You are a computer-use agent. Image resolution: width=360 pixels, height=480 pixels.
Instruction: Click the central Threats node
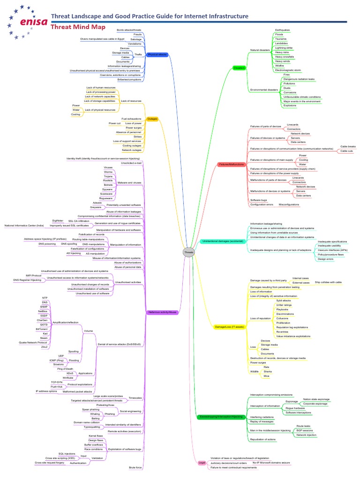[188, 253]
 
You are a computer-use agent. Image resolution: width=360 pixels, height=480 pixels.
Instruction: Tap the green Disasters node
[239, 68]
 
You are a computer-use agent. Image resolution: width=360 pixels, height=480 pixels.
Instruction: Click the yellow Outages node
[152, 119]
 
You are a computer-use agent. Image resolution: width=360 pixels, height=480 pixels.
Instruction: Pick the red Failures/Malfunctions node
[231, 165]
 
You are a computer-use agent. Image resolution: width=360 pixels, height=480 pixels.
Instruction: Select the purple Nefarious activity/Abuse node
[162, 312]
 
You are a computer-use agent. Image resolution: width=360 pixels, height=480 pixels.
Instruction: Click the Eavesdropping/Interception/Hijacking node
[221, 416]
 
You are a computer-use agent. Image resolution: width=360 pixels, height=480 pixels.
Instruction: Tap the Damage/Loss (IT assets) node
[229, 326]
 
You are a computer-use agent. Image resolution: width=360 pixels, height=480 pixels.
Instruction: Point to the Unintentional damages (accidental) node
[223, 241]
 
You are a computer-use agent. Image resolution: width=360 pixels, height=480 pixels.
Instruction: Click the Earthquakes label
[283, 30]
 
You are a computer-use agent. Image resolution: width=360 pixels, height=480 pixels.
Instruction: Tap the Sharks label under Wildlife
[267, 371]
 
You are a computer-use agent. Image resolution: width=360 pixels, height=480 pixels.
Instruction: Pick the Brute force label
[135, 467]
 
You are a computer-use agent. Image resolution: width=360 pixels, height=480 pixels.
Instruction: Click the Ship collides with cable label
[328, 283]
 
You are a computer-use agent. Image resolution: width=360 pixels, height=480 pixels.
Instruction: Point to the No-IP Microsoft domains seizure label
[271, 463]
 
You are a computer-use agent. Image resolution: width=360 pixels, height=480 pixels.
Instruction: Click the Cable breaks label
[348, 146]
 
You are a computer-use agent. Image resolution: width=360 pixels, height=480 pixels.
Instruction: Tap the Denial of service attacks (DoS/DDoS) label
[120, 344]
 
